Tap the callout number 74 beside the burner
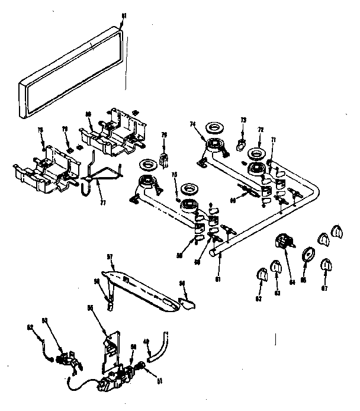pos(192,124)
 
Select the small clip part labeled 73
pos(242,143)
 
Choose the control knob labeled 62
pos(261,275)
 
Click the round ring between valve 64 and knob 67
pos(308,255)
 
